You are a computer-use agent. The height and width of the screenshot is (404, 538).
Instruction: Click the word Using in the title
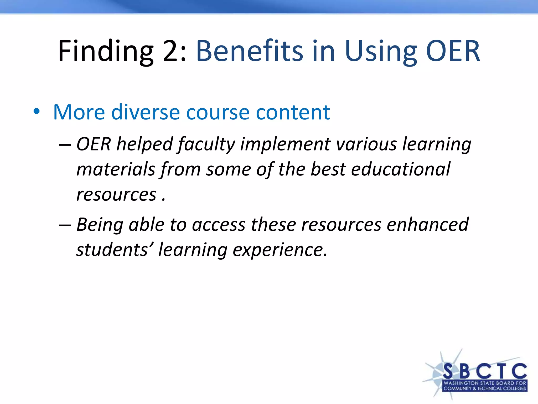point(381,51)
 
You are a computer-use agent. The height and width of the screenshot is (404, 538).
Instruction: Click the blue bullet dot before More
point(37,112)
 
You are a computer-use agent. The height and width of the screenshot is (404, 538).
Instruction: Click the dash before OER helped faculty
point(65,145)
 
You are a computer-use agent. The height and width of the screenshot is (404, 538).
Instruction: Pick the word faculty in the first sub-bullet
point(206,145)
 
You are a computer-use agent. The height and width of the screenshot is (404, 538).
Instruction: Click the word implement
point(285,145)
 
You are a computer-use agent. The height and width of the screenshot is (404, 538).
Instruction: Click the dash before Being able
point(65,225)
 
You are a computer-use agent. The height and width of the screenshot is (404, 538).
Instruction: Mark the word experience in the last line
point(280,250)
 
